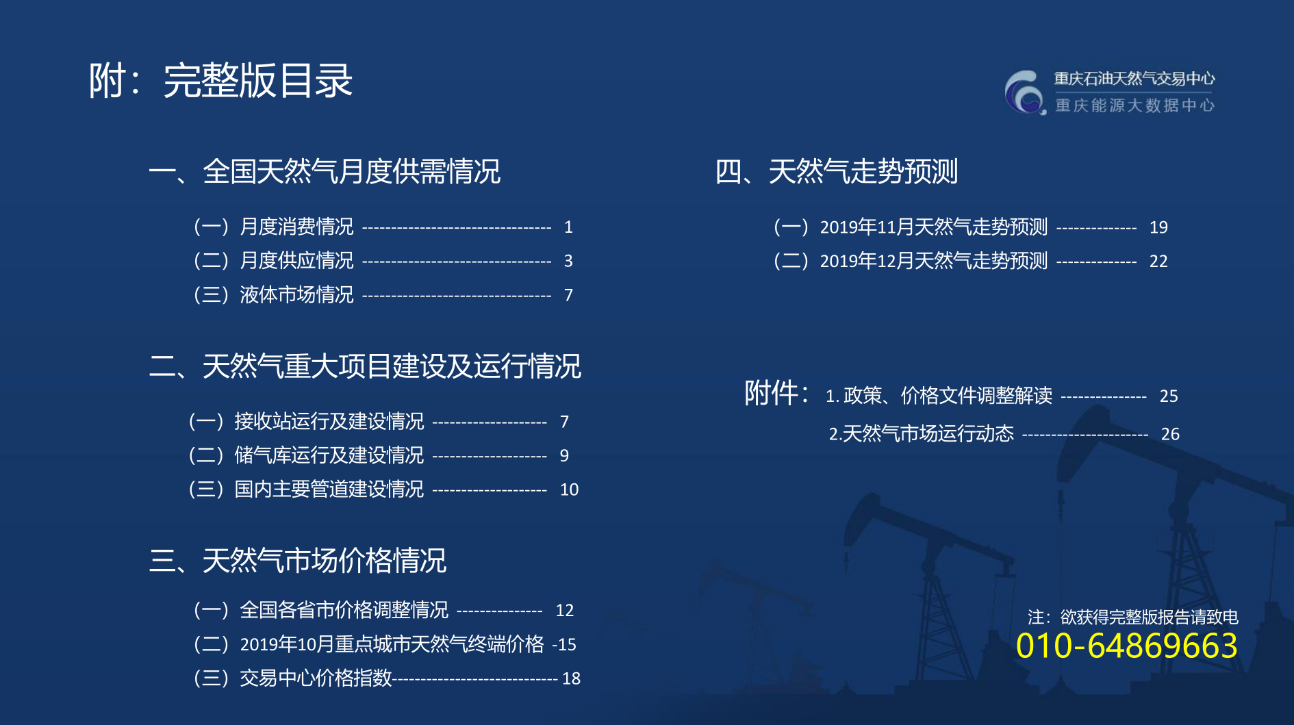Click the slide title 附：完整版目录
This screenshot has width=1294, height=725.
pyautogui.click(x=220, y=81)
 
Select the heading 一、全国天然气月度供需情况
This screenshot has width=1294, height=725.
pyautogui.click(x=325, y=171)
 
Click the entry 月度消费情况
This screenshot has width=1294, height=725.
pyautogui.click(x=297, y=227)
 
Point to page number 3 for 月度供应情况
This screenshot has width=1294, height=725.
pyautogui.click(x=568, y=261)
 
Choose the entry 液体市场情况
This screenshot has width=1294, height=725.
pyautogui.click(x=297, y=295)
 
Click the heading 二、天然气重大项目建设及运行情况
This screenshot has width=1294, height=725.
pyautogui.click(x=365, y=366)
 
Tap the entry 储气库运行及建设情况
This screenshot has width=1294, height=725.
pyautogui.click(x=329, y=455)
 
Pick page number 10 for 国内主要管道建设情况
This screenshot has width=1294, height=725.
pyautogui.click(x=569, y=489)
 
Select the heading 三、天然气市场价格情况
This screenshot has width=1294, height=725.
pyautogui.click(x=298, y=561)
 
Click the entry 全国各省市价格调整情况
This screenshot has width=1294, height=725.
pyautogui.click(x=344, y=610)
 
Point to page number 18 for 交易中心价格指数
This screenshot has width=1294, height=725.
pyautogui.click(x=571, y=678)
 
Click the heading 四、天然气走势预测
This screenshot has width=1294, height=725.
pyautogui.click(x=836, y=171)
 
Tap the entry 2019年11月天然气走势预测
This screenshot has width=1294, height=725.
pyautogui.click(x=934, y=227)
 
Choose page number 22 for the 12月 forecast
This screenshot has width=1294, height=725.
pyautogui.click(x=1158, y=261)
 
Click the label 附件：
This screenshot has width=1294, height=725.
pyautogui.click(x=777, y=394)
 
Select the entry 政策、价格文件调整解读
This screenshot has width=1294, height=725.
pyautogui.click(x=948, y=396)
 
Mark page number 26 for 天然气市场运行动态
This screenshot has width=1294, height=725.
pyautogui.click(x=1170, y=434)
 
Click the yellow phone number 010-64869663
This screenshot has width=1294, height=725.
pyautogui.click(x=1126, y=646)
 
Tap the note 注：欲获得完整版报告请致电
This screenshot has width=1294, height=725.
pyautogui.click(x=1133, y=617)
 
